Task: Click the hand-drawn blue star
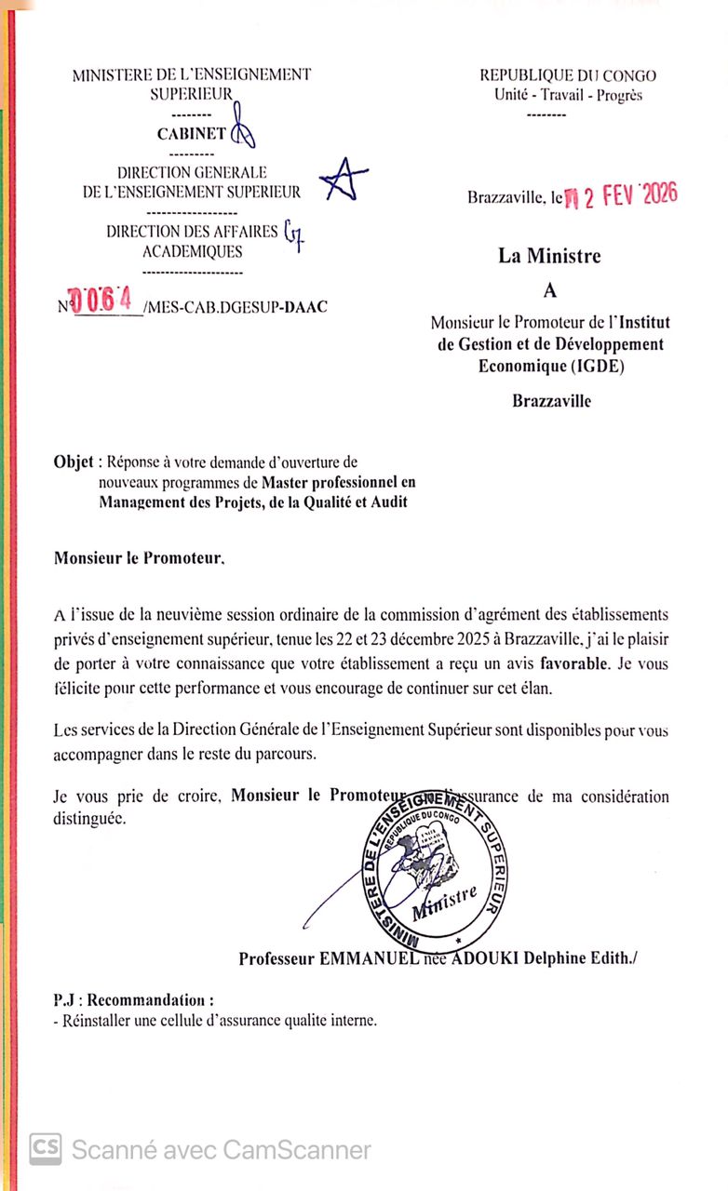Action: coord(342,180)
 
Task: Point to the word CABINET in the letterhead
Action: coord(191,133)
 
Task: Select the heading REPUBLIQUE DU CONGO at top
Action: coord(568,76)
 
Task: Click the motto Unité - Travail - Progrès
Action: coord(568,95)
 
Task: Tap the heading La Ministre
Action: coord(549,256)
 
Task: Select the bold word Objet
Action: coord(74,462)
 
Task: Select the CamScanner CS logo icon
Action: coord(46,1149)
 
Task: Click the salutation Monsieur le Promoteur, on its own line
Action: coord(140,559)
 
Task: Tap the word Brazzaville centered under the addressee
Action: coord(551,402)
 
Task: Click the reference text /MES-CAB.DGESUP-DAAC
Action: coord(236,307)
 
